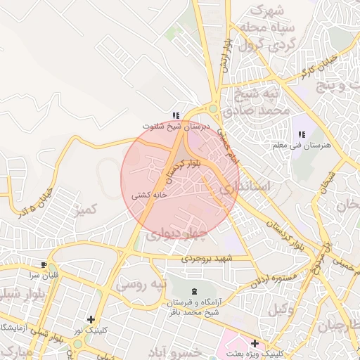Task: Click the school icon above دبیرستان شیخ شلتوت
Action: pyautogui.click(x=176, y=115)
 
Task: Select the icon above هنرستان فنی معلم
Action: pyautogui.click(x=302, y=134)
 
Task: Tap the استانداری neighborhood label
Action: pyautogui.click(x=244, y=189)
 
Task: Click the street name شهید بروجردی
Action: pyautogui.click(x=208, y=258)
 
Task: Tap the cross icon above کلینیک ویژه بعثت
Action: pyautogui.click(x=255, y=342)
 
